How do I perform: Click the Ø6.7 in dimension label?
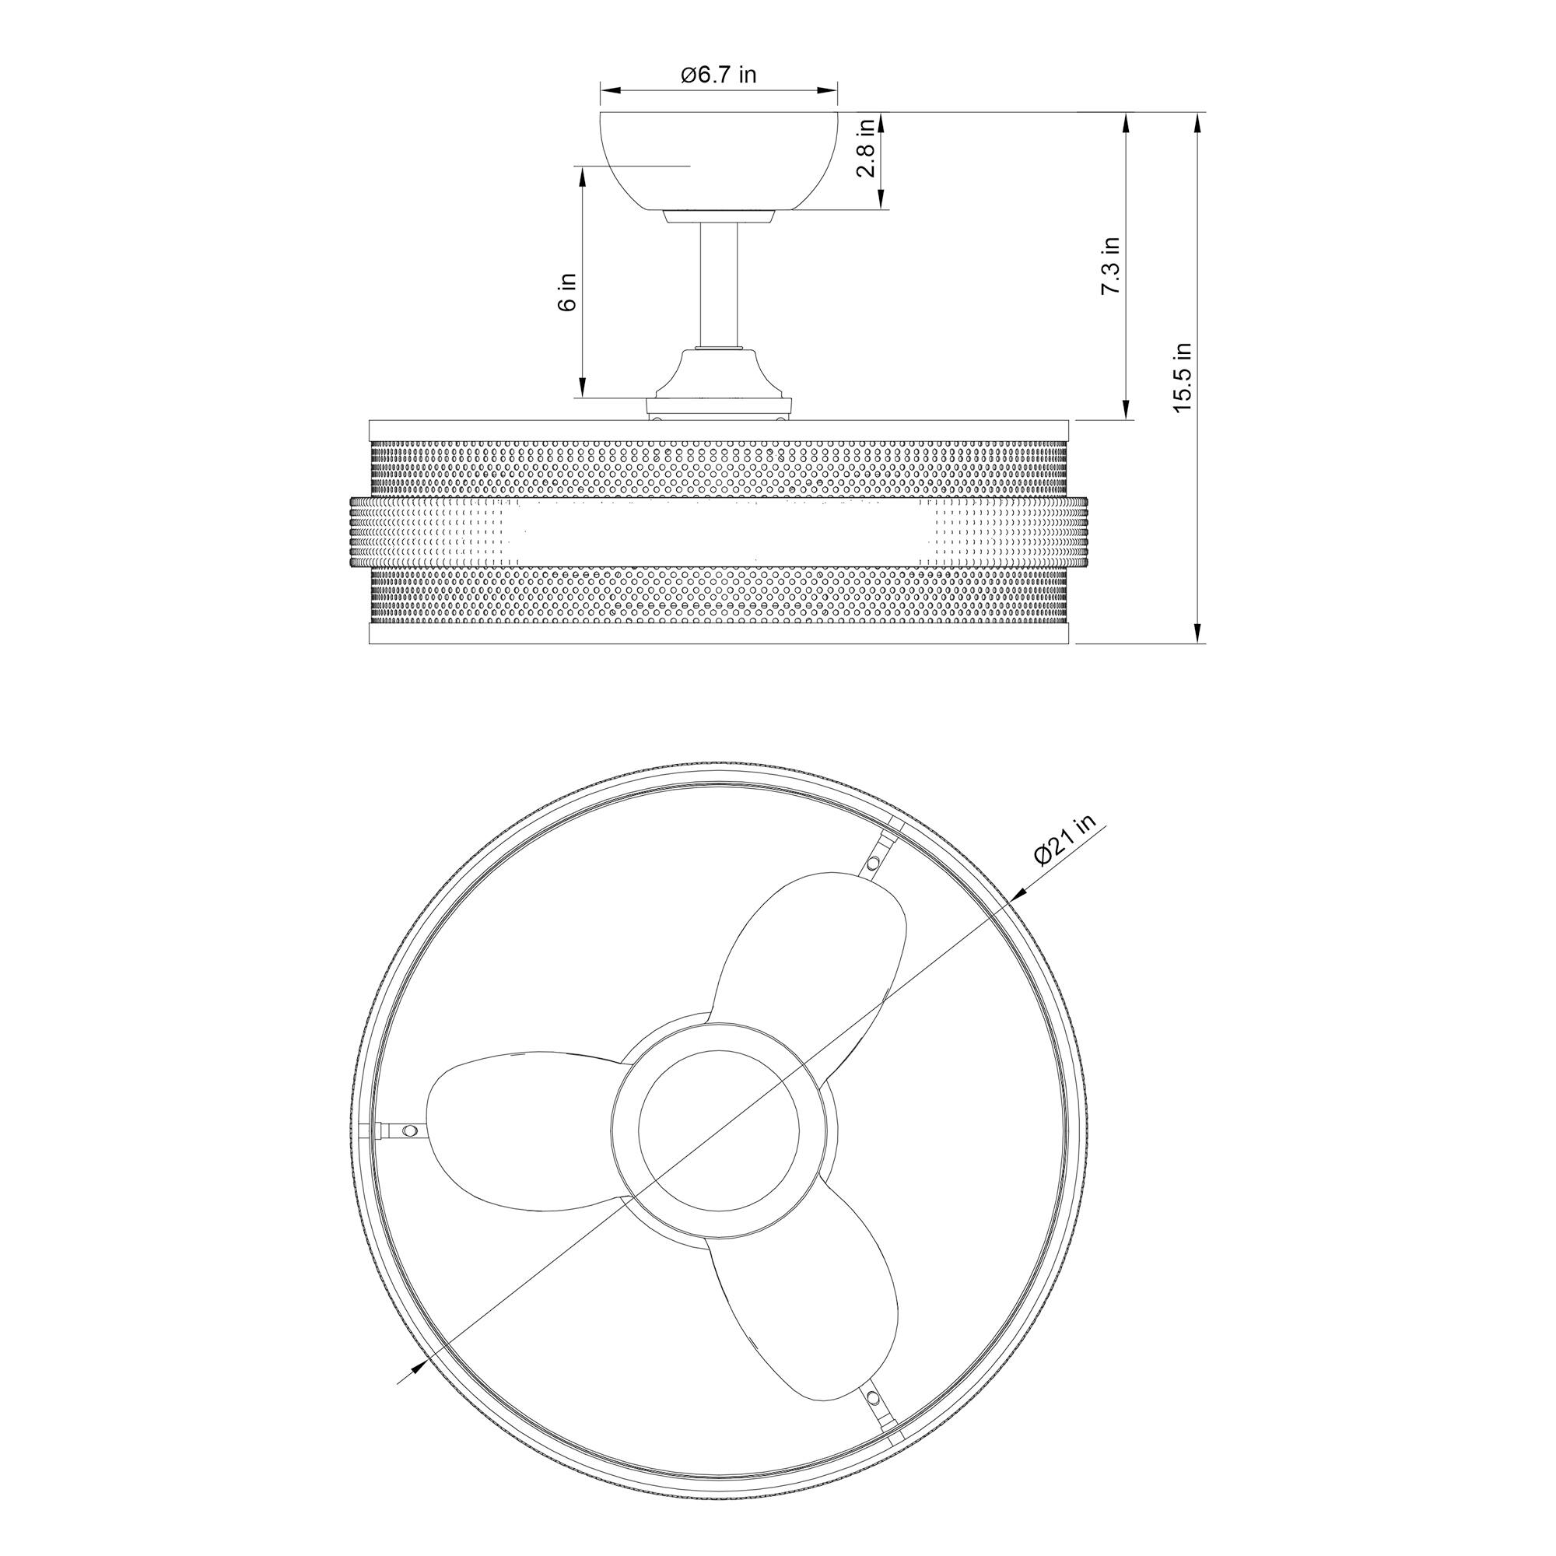point(718,75)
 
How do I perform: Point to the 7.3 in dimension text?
point(1111,266)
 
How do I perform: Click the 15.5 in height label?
point(1182,378)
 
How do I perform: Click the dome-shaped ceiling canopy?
point(718,161)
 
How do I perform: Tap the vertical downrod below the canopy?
point(718,286)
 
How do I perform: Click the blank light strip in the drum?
point(718,533)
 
